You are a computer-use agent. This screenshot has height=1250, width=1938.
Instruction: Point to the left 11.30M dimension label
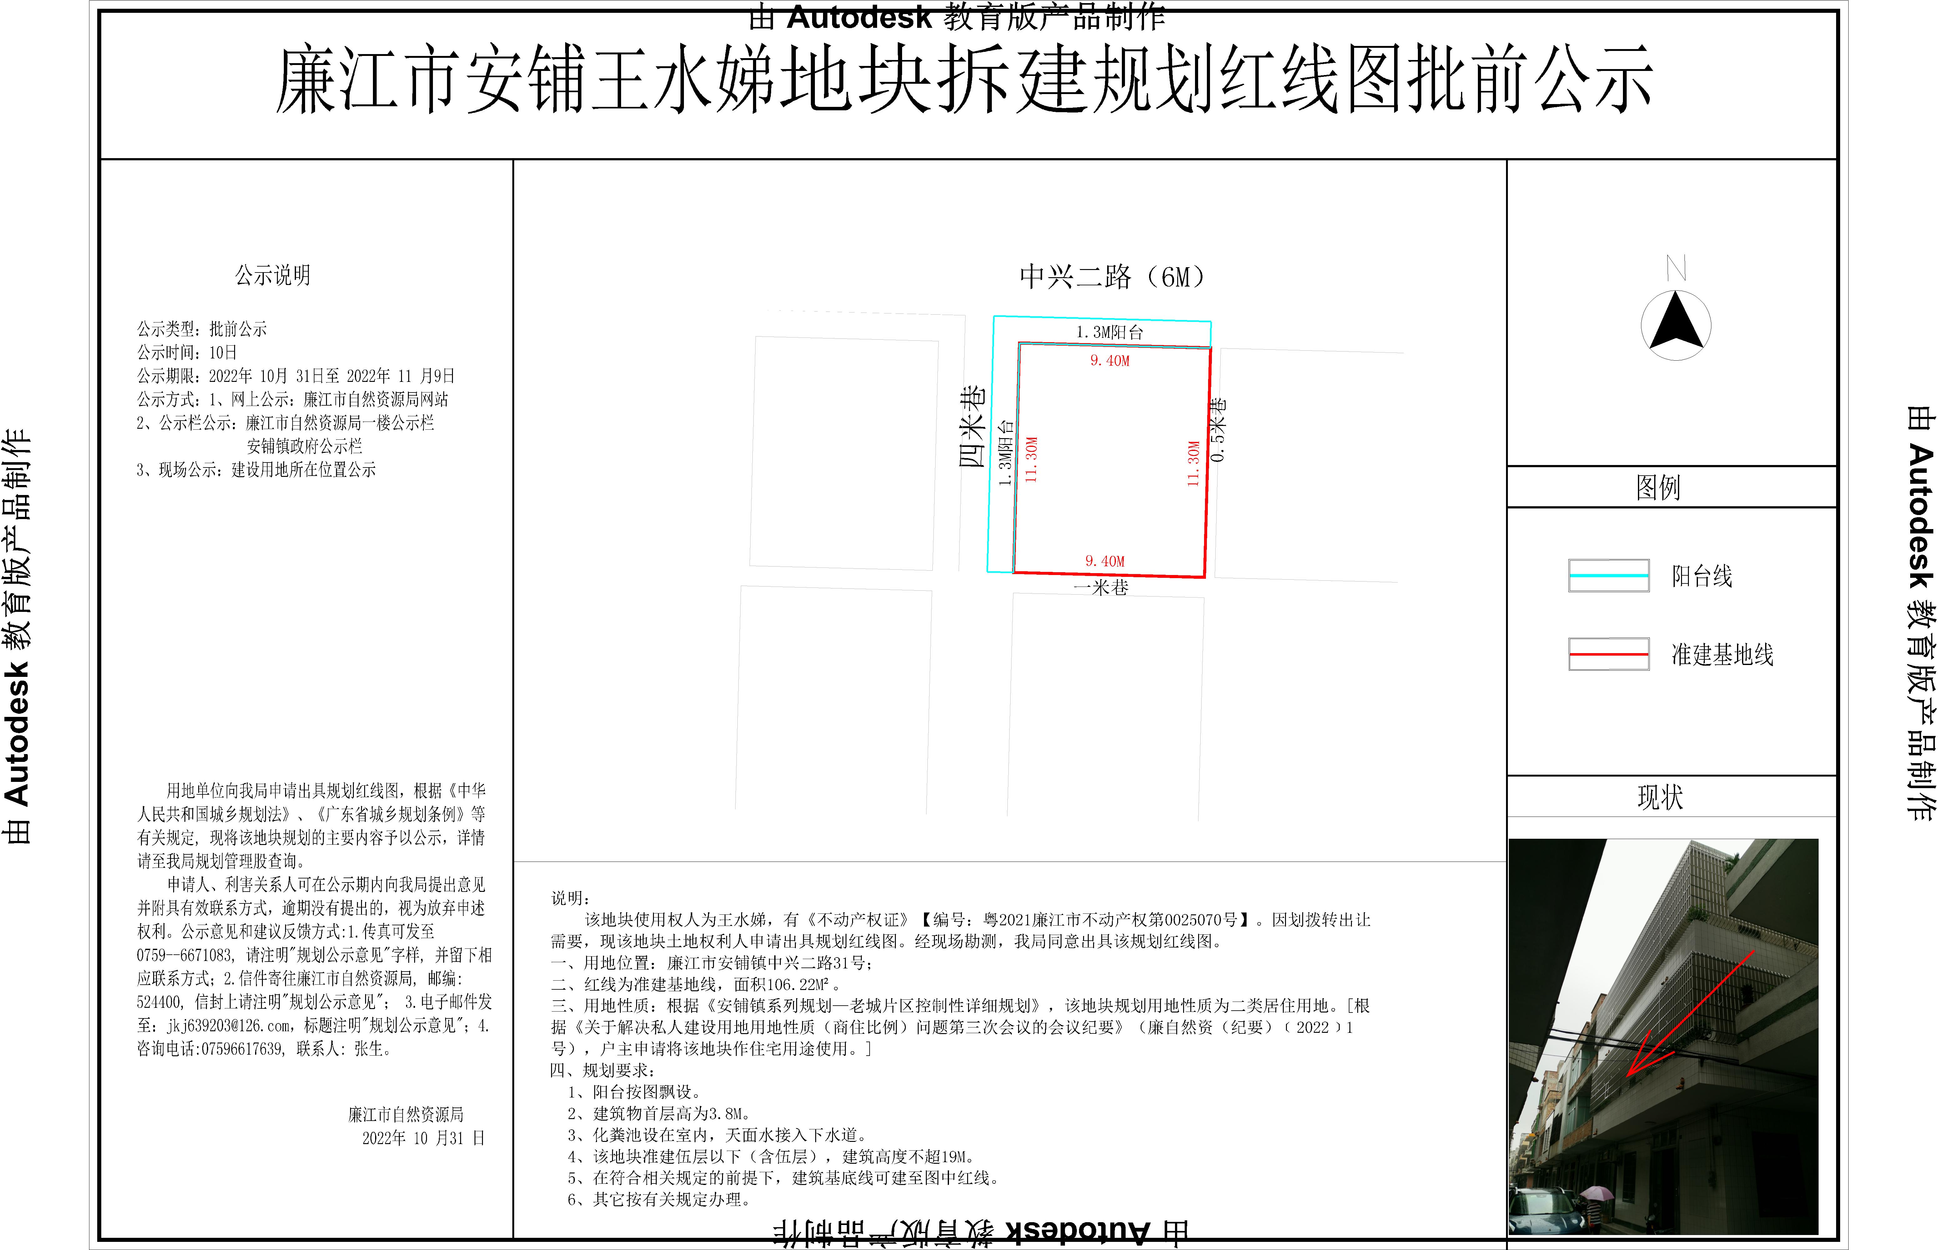click(x=1031, y=460)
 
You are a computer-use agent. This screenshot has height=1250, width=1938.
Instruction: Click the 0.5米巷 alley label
click(x=1218, y=430)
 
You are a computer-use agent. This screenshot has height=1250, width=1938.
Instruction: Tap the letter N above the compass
click(x=1676, y=268)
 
